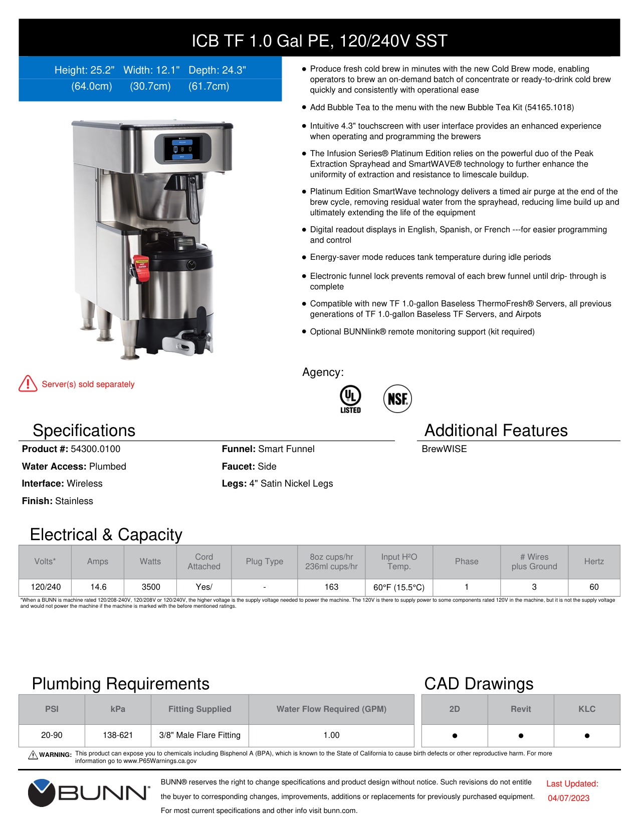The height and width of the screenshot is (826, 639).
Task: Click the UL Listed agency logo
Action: pos(350,398)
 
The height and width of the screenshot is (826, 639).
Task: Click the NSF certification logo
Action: pos(397,399)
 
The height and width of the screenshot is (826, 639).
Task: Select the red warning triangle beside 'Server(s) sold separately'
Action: pos(28,383)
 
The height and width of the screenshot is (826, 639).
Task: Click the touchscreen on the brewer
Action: pos(182,148)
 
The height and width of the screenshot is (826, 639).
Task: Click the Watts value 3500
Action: pos(151,587)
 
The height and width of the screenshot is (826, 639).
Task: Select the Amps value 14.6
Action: pos(98,587)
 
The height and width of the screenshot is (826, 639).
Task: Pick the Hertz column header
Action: pos(594,562)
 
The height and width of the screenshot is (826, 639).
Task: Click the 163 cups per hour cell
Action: pos(331,587)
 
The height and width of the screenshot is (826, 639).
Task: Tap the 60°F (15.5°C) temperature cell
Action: pos(399,587)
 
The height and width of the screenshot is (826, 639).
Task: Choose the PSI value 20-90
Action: pos(52,735)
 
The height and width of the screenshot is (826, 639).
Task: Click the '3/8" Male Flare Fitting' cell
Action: pos(199,735)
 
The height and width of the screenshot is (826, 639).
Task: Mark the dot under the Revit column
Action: pos(521,735)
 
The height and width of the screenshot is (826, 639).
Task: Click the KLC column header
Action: pos(587,709)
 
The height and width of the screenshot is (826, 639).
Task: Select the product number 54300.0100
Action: pos(95,449)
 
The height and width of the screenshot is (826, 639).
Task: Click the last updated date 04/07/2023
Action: pos(568,798)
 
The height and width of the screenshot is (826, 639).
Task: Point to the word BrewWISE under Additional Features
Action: pos(444,449)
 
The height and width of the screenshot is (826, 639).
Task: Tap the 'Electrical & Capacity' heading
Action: pos(106,534)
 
